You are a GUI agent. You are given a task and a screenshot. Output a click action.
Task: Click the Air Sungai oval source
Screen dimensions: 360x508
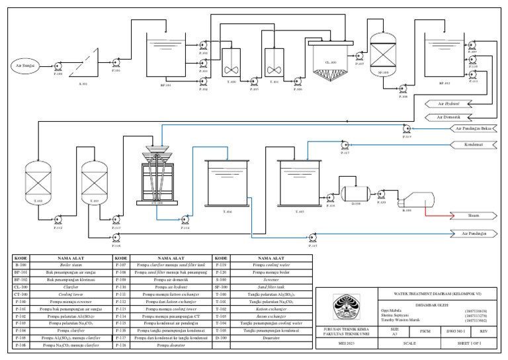(24, 66)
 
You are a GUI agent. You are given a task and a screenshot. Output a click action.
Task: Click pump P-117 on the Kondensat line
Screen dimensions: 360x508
(344, 144)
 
